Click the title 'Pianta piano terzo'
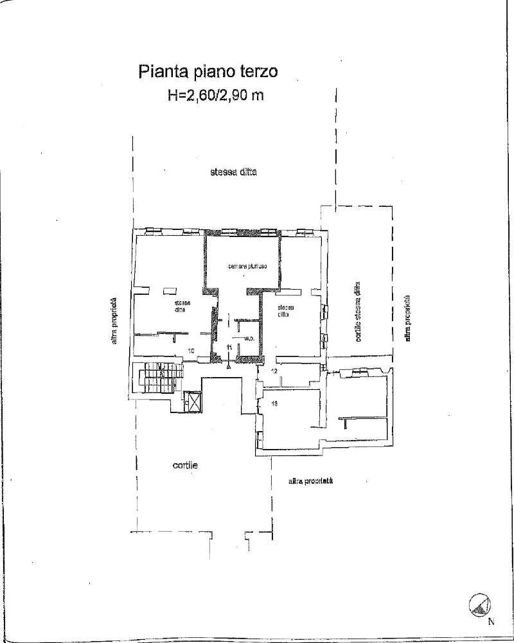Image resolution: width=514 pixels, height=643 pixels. point(208,71)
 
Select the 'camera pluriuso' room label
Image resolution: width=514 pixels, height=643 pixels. point(242,267)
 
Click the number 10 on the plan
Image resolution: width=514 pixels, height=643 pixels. point(191,351)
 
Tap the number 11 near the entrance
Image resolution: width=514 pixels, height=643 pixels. point(229,348)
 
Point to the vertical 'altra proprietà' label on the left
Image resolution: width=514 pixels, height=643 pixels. point(113,321)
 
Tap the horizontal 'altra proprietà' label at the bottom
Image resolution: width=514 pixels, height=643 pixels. point(310,480)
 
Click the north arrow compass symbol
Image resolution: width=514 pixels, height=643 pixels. point(480,604)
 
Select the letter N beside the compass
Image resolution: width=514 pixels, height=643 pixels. point(492,621)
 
